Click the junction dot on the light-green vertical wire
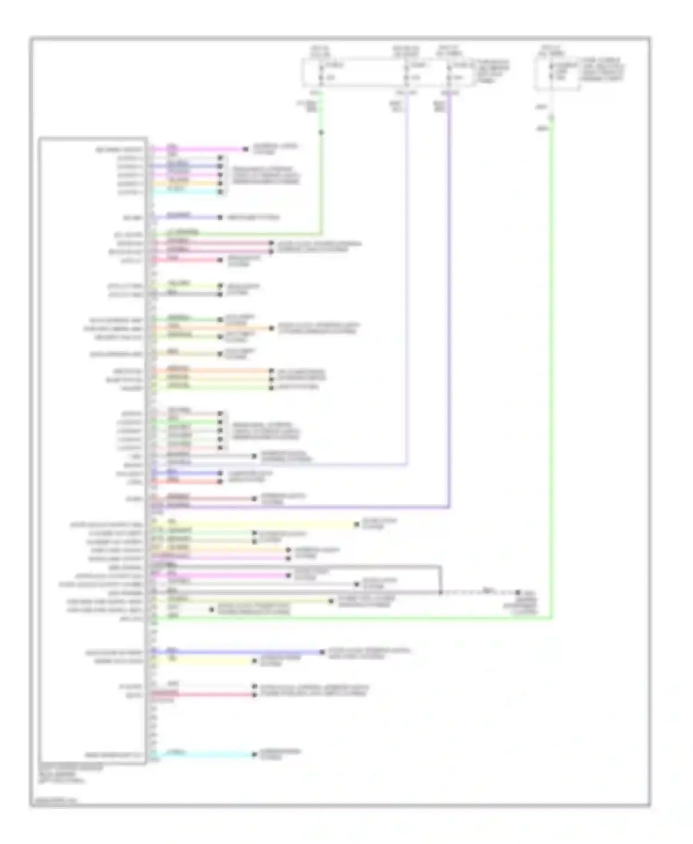coord(321,133)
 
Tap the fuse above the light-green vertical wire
coord(321,72)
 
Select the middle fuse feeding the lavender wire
coord(407,72)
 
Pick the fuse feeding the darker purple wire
coord(449,72)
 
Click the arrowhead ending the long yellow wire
coord(356,524)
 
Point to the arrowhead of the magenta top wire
coord(246,149)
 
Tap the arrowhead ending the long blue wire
coord(322,652)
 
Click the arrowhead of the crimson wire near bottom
coord(254,694)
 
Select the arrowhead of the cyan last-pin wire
coord(254,754)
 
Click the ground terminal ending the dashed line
coord(518,592)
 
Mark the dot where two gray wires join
coord(441,592)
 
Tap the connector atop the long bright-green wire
coord(551,118)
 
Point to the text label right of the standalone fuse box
coord(603,70)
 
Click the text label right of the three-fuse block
coord(493,71)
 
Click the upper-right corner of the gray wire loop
coord(441,566)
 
